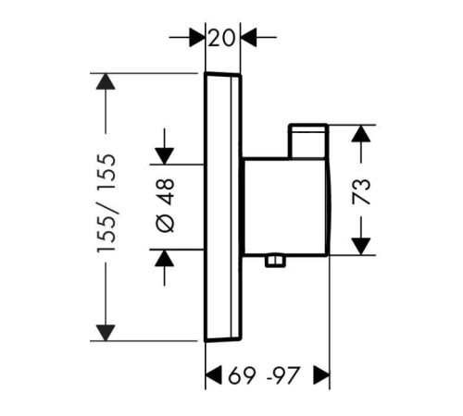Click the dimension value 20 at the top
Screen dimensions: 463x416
[221, 38]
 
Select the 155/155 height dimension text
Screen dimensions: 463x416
[106, 203]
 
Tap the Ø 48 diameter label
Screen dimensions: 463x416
[165, 205]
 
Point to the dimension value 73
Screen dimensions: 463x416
[361, 191]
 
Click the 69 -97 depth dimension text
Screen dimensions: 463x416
[264, 375]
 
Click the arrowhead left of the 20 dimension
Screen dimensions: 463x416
[197, 38]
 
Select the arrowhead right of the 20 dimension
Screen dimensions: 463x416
[249, 38]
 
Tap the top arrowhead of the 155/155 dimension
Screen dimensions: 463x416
[106, 81]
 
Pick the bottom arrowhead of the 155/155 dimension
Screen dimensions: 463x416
[106, 333]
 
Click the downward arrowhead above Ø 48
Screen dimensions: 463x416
[164, 156]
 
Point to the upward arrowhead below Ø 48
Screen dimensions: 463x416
[164, 258]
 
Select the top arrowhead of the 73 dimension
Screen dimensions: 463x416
[361, 133]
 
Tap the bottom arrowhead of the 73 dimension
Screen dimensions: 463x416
[361, 247]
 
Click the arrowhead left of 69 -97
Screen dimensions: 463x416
[214, 375]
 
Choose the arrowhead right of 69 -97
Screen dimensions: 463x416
[321, 375]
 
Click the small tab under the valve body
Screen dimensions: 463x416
[275, 261]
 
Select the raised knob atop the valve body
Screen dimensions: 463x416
[307, 141]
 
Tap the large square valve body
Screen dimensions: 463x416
[286, 206]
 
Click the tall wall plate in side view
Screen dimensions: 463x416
[222, 207]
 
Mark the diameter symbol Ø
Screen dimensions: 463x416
[165, 223]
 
